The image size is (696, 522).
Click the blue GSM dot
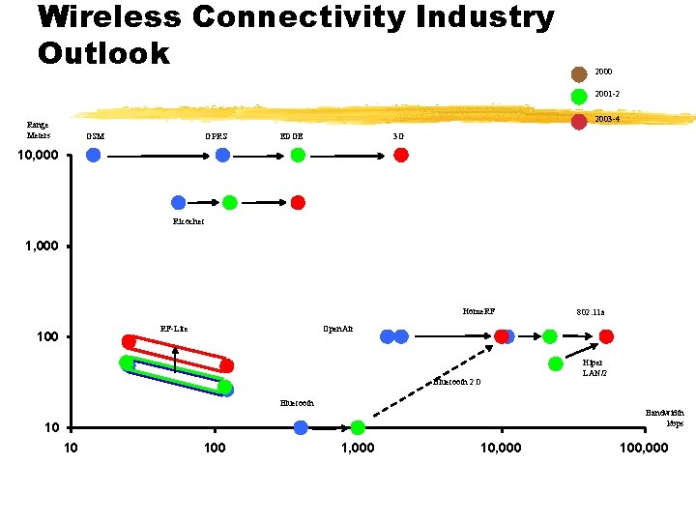[x=93, y=155]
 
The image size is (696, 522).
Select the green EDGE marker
[x=298, y=155]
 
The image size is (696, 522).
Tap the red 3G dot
[x=400, y=155]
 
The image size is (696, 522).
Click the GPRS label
[x=216, y=136]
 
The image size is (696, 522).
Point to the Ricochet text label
[x=188, y=221]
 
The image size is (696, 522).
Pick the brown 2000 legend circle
[x=579, y=73]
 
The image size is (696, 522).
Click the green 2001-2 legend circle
[x=579, y=96]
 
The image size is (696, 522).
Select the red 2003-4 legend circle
[x=579, y=121]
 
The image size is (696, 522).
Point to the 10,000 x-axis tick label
[x=501, y=448]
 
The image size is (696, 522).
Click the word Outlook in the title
[x=103, y=52]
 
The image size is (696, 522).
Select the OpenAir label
[x=337, y=329]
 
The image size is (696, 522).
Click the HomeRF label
[x=478, y=311]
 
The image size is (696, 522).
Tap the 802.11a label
[x=590, y=312]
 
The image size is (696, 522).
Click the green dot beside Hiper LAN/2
[x=556, y=363]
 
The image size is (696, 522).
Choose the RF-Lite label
[x=174, y=329]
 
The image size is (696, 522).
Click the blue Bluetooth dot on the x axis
[x=301, y=427]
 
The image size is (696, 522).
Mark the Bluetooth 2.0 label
[x=456, y=382]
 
